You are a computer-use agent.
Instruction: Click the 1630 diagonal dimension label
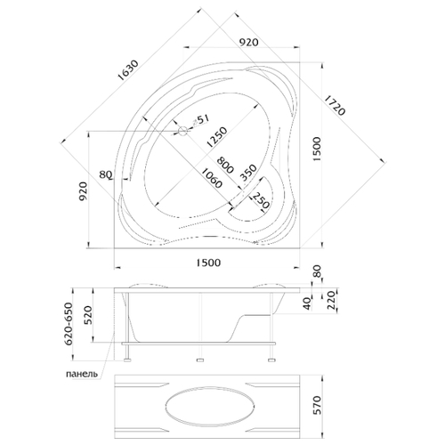pos(128,70)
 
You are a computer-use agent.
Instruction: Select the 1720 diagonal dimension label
pos(335,105)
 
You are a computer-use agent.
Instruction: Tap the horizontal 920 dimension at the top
pos(249,43)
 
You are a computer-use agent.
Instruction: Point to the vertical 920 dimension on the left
pos(83,191)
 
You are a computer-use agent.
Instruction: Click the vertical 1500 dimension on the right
pos(317,150)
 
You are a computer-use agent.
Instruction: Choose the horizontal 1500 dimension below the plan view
pos(208,263)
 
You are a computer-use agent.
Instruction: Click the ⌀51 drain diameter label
pos(200,120)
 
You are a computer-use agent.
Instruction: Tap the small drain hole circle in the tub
pos(183,131)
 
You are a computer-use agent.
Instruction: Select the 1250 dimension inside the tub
pos(217,137)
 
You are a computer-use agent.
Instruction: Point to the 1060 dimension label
pos(211,178)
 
